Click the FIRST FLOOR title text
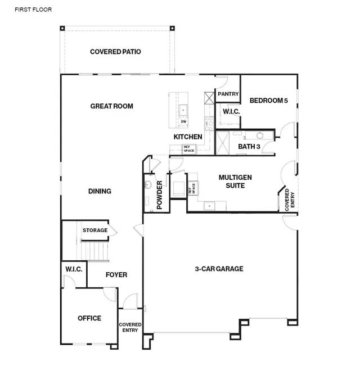click(x=33, y=10)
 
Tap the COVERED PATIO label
click(x=115, y=52)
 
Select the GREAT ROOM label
click(x=111, y=106)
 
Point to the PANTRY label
click(x=228, y=94)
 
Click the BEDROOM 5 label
click(x=269, y=101)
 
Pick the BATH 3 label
click(x=249, y=147)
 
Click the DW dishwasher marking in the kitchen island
click(x=184, y=121)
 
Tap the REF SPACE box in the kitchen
click(x=189, y=149)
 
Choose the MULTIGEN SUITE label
click(x=235, y=182)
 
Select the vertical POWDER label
click(x=159, y=195)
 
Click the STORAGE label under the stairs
click(x=95, y=230)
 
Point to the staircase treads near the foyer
click(x=94, y=251)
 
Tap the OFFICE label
click(x=89, y=318)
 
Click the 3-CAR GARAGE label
click(x=219, y=269)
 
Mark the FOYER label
click(x=116, y=275)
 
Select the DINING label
click(x=100, y=191)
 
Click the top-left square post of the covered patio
click(x=62, y=28)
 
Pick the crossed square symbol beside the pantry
click(x=209, y=98)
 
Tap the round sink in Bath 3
click(x=260, y=135)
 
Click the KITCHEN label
click(x=188, y=137)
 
